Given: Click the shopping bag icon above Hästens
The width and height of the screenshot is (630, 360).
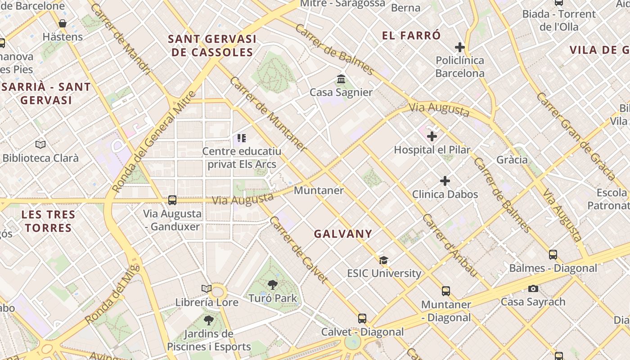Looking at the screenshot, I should (63, 23).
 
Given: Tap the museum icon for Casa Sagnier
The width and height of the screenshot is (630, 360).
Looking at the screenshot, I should (341, 80).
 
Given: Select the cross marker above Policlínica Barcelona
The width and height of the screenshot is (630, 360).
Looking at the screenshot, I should (459, 47).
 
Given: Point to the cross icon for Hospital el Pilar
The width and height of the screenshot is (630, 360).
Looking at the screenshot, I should (432, 136).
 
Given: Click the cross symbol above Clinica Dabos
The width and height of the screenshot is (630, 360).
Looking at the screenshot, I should (445, 181).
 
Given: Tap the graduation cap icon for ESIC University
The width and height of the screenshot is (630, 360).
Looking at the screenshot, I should (383, 260).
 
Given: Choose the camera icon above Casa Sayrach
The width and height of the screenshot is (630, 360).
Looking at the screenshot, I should (533, 288).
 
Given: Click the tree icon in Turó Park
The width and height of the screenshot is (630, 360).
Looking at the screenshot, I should (272, 284).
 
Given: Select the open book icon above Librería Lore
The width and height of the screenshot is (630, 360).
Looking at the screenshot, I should (207, 288).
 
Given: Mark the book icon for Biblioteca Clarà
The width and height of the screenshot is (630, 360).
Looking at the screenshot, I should (40, 144).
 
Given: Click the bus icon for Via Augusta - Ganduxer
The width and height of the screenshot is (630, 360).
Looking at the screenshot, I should (172, 200).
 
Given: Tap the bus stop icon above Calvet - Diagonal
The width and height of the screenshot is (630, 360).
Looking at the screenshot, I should (362, 319).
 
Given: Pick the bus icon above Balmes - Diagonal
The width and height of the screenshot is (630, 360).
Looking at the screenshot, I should (553, 255).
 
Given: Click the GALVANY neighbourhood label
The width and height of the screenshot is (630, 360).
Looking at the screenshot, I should (343, 234).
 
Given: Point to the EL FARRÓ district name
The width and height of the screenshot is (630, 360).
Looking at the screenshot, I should (411, 36).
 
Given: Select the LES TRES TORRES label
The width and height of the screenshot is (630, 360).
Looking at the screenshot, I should (48, 221).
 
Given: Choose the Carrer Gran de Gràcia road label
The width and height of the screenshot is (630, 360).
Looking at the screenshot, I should (575, 136).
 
